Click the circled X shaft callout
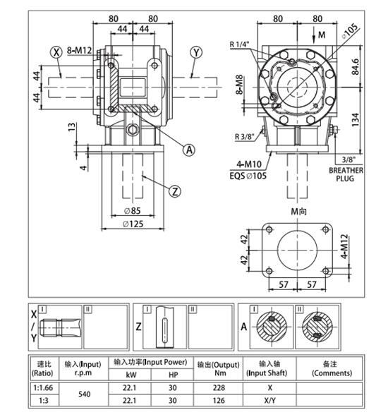tap(55, 52)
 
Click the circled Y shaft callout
tap(196, 52)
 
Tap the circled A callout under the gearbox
tap(188, 149)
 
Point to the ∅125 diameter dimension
tap(133, 224)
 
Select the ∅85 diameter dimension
tap(133, 210)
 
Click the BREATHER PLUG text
tap(346, 174)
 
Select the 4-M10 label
tap(243, 164)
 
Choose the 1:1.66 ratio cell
tap(43, 387)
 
